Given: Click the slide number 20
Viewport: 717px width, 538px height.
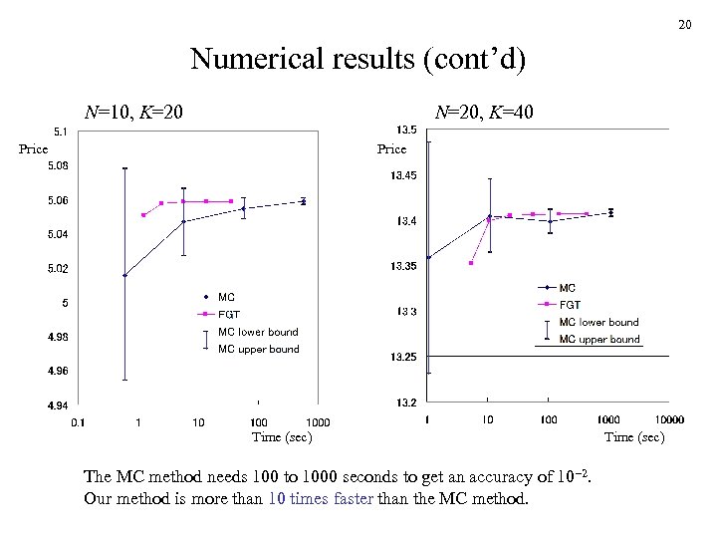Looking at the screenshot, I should coord(684,24).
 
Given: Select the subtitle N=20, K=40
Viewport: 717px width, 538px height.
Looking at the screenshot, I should coord(485,113).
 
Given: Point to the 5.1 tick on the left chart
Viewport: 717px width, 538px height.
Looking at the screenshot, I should coord(61,132).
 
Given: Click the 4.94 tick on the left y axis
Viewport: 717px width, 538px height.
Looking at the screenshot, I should coord(58,405).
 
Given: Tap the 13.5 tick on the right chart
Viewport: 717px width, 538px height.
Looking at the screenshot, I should coord(406,130).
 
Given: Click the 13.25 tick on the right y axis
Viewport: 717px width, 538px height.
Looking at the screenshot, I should coord(404,357).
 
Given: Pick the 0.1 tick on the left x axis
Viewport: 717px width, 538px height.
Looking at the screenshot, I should coord(78,422).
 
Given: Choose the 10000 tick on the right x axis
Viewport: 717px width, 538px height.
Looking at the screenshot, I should coord(669,419).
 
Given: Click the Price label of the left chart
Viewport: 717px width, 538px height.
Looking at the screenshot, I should coord(34,149).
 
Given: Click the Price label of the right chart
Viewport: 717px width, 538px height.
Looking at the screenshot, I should coord(391,149).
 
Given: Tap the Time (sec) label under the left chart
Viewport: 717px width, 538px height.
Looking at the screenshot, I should coord(282,437).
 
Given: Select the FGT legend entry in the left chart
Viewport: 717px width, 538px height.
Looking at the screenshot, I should coord(229,314).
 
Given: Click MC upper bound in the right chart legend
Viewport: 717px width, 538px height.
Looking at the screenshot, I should coord(598,340).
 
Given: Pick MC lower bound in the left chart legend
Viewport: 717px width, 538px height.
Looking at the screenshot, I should coord(258,332).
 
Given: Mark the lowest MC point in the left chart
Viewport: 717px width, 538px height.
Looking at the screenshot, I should coord(124,275).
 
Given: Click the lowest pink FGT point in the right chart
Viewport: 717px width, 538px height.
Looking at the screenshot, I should coord(470,263).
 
